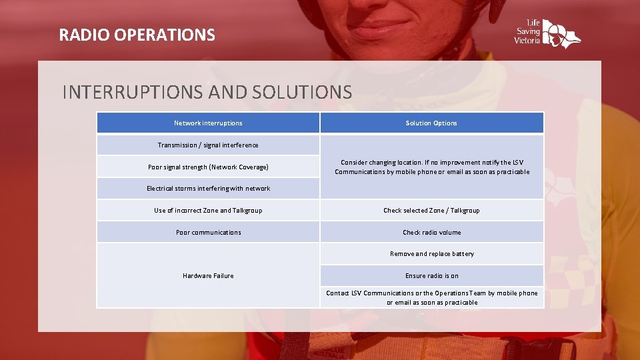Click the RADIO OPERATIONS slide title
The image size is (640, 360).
point(137,35)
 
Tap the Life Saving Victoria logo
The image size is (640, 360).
point(547,32)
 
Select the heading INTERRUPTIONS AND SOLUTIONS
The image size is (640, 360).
point(207,92)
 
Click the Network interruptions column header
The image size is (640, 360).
point(208,123)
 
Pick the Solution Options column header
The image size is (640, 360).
point(431,123)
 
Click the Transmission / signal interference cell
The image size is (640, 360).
point(208,145)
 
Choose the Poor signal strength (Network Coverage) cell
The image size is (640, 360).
point(208,167)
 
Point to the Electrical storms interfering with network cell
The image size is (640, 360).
point(208,189)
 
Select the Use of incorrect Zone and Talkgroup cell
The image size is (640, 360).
point(208,211)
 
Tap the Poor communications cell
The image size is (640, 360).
point(208,233)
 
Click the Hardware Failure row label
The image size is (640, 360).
point(208,276)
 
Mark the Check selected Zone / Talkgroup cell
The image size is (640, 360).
point(431,211)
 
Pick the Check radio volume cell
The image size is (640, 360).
point(431,233)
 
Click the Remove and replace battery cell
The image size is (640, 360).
point(431,254)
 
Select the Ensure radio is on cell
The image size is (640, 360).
point(431,276)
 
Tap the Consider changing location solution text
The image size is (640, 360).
point(431,167)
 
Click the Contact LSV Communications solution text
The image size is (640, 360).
point(431,297)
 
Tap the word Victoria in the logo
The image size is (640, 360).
point(527,41)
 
